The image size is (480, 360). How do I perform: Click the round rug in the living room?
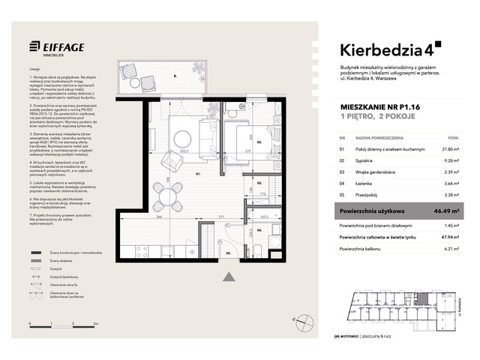pyautogui.click(x=182, y=138)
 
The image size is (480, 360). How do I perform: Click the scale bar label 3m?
pyautogui.click(x=96, y=322)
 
